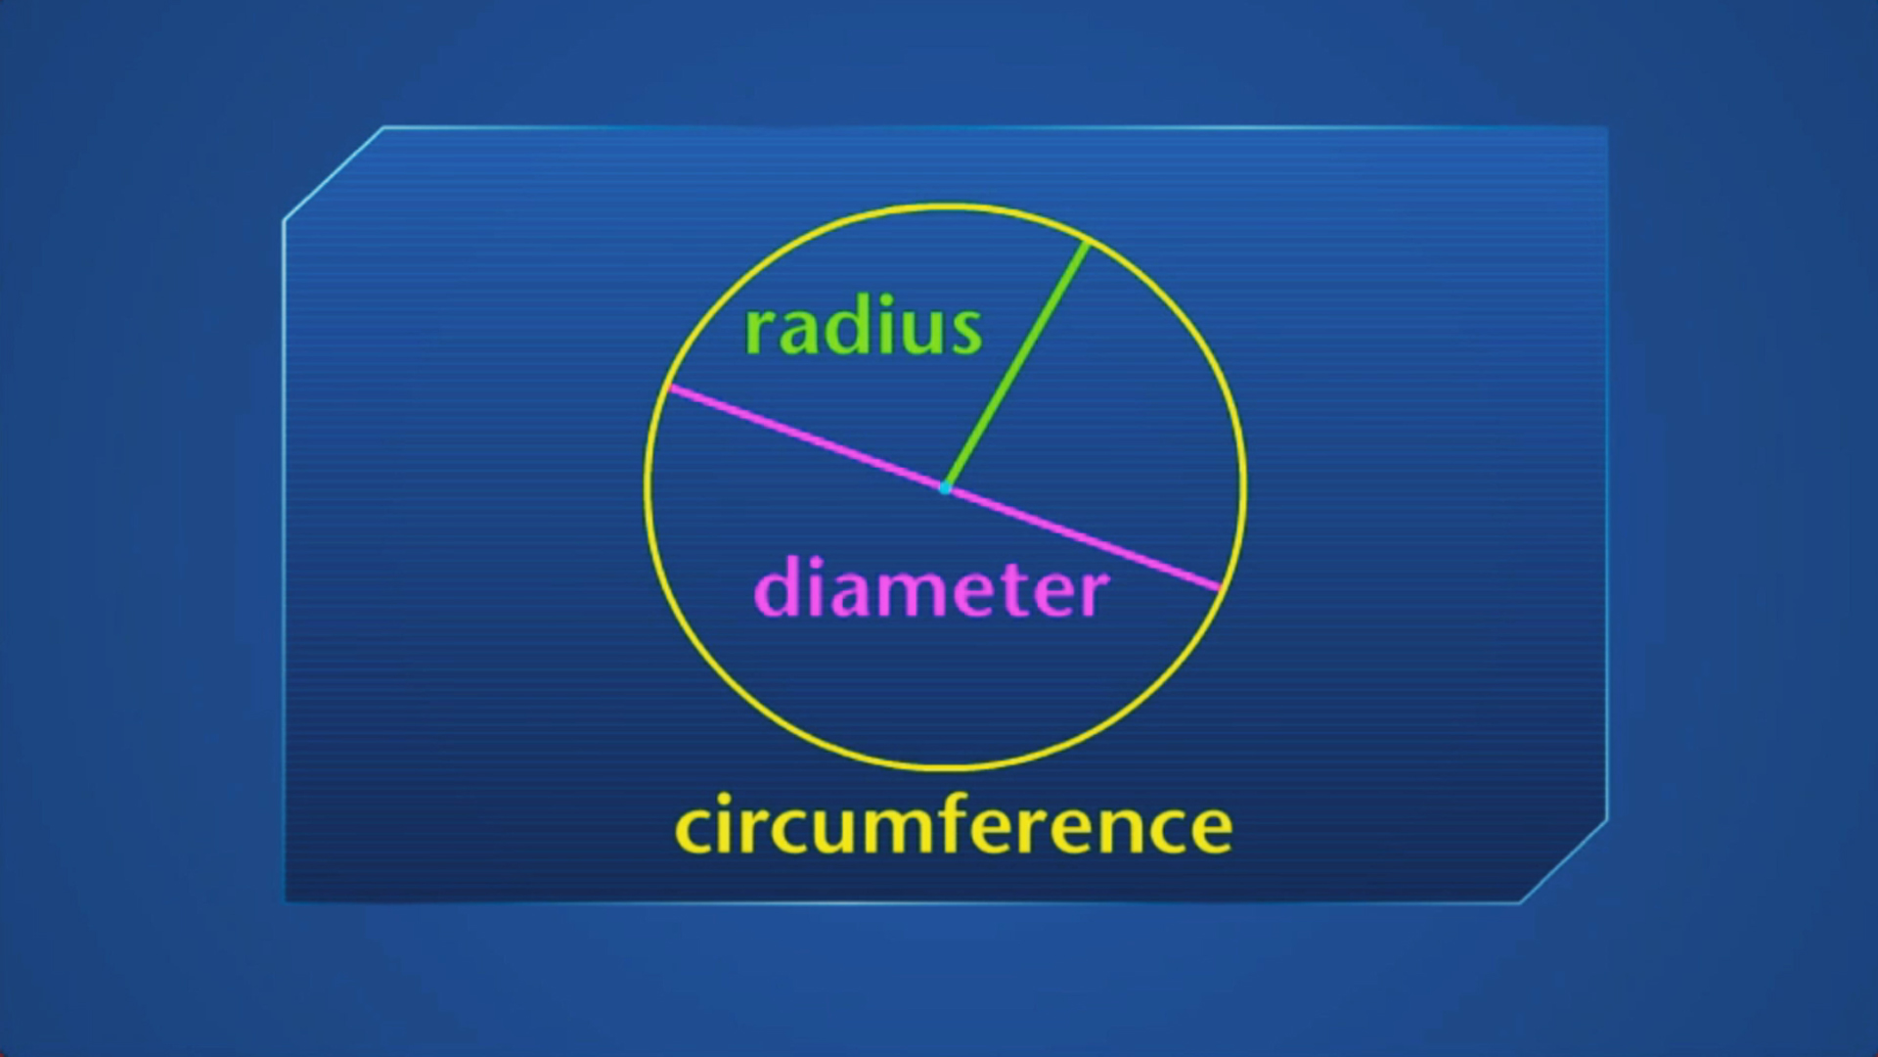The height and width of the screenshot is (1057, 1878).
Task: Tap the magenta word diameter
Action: tap(931, 589)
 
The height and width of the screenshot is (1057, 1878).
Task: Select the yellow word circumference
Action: tap(953, 826)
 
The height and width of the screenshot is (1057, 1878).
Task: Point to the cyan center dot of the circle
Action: tap(945, 487)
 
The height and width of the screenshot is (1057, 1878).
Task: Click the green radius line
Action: tap(1017, 364)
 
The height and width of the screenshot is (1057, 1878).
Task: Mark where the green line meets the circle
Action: tap(1088, 241)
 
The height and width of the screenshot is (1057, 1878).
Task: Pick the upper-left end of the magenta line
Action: tap(669, 389)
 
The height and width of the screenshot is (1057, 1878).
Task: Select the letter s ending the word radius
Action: tap(965, 333)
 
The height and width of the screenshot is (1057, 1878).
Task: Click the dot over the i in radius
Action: tap(884, 300)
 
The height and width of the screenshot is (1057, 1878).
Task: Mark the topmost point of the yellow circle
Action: tap(945, 207)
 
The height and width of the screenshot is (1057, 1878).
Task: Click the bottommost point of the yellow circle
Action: tap(945, 767)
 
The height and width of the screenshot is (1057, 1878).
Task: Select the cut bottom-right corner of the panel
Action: tap(1562, 862)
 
